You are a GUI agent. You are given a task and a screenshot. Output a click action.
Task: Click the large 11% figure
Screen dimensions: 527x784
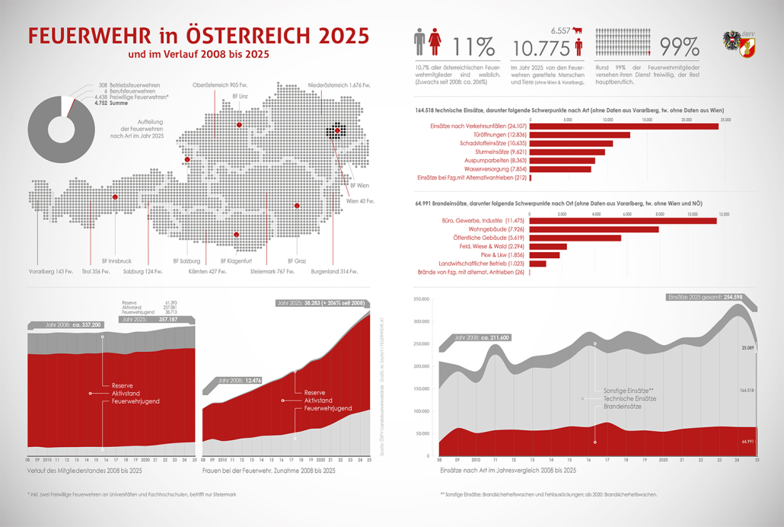474,47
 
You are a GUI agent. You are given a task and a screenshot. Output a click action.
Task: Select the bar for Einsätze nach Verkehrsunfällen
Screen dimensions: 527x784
623,125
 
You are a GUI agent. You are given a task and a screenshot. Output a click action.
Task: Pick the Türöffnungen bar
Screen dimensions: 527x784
579,134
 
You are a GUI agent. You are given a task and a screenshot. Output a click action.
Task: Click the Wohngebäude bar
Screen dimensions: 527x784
594,228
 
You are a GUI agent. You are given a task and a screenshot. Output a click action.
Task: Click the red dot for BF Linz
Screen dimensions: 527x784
239,124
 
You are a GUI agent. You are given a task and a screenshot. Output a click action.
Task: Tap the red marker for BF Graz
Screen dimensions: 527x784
298,206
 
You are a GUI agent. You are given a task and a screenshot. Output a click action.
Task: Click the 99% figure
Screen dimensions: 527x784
680,46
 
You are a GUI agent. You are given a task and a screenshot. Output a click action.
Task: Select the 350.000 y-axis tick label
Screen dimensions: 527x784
422,299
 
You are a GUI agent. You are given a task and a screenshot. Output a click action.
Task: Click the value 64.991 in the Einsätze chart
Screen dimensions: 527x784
746,441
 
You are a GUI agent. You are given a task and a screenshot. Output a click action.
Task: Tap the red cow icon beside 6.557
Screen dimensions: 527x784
576,30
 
